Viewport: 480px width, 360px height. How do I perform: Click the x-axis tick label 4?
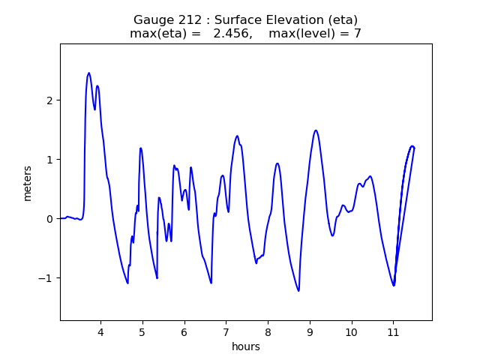100,331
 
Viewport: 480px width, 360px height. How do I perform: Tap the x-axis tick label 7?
226,331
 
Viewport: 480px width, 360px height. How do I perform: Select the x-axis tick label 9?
310,331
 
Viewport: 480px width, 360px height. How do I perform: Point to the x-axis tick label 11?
393,331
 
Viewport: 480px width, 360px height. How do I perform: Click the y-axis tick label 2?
49,100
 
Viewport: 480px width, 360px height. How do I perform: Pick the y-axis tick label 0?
49,219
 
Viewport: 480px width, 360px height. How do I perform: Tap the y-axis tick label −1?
46,278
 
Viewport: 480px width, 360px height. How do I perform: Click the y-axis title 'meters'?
28,182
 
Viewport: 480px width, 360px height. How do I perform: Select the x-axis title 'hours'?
246,346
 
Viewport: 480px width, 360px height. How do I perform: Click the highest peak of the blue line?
88,73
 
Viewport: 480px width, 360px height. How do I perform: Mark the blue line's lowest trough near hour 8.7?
298,291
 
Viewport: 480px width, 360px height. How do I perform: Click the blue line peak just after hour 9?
316,130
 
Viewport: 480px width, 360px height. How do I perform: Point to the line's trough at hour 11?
394,286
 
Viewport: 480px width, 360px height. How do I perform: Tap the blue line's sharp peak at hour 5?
140,148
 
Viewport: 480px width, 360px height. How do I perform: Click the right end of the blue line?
414,148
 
